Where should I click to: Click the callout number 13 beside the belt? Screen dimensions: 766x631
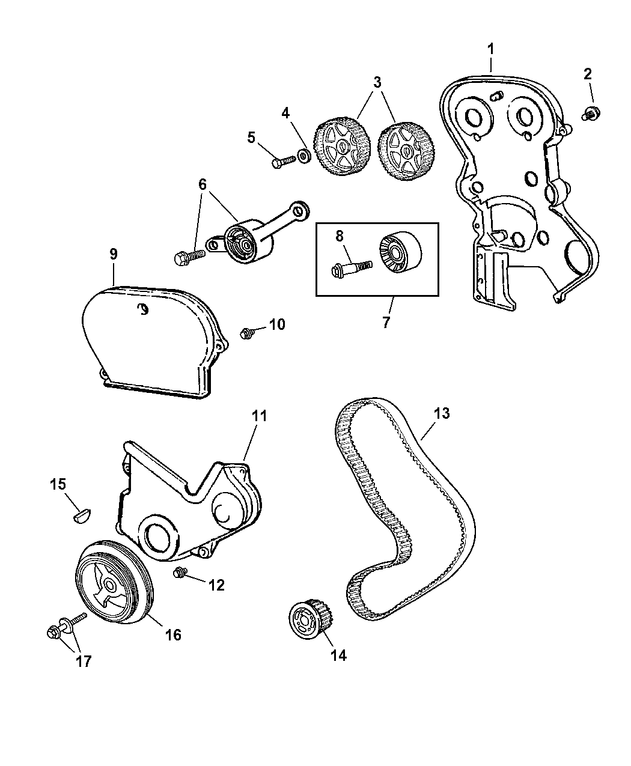[x=441, y=414]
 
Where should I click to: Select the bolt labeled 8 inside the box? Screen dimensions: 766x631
[x=350, y=265]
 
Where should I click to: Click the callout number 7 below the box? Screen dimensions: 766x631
[x=385, y=323]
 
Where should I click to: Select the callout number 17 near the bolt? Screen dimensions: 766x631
[x=83, y=661]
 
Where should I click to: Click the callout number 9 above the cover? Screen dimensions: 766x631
[x=114, y=254]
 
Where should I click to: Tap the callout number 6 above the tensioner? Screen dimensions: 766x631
[x=203, y=184]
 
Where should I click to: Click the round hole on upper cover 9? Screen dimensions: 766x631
[x=143, y=309]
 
